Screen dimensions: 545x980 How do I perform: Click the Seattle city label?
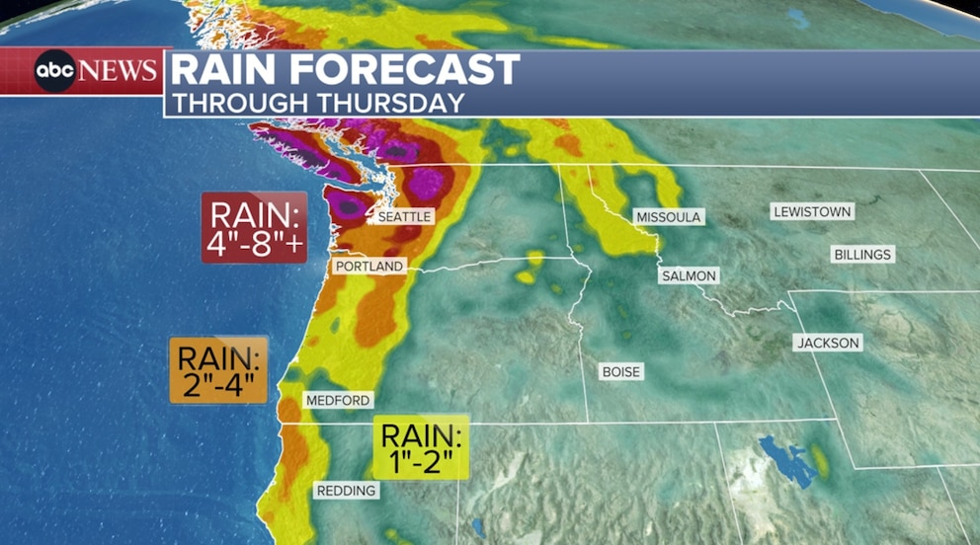(405, 215)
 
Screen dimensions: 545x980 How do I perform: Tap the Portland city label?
(368, 267)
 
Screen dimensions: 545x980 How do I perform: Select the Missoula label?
(669, 216)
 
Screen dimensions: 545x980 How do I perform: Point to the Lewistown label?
(812, 211)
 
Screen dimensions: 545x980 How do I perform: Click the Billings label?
(862, 255)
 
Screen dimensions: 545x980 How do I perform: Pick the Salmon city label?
(689, 276)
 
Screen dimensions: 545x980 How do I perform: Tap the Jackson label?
(828, 343)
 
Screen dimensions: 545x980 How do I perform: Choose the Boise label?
(621, 372)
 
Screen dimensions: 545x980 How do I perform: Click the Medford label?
(338, 401)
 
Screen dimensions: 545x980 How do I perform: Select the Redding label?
(346, 491)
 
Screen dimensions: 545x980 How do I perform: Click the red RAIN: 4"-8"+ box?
(254, 227)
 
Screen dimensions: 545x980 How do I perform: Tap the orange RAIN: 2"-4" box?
(218, 370)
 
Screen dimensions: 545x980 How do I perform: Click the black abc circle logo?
(55, 71)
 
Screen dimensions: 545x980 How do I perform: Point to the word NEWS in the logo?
(118, 71)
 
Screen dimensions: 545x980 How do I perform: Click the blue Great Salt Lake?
(786, 461)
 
